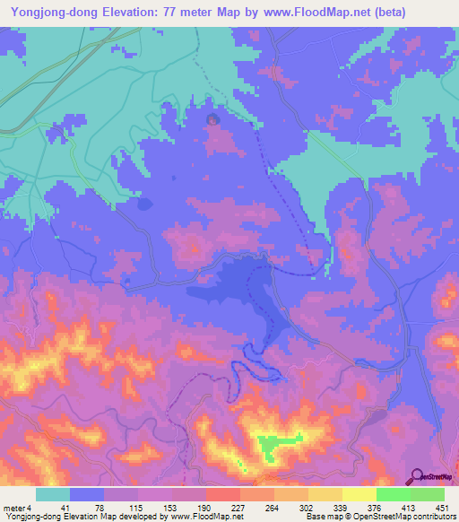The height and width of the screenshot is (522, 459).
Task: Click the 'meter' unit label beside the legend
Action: [x=13, y=508]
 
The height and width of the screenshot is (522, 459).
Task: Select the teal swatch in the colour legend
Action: [x=53, y=494]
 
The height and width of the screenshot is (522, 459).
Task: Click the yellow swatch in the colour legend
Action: [x=359, y=494]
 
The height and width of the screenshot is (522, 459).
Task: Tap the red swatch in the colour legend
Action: [x=222, y=494]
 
